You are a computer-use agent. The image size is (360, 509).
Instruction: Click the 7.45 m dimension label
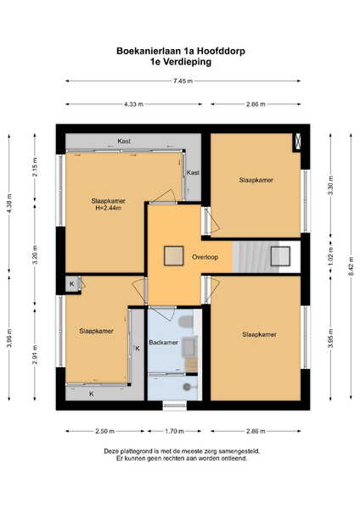[x=183, y=81]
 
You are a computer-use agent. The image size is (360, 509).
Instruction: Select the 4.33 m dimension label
[x=133, y=104]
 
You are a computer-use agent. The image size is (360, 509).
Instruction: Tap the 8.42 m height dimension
[x=351, y=266]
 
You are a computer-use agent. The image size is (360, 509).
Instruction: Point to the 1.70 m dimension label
[x=174, y=431]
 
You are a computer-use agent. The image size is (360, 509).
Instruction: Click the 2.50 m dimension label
[x=104, y=431]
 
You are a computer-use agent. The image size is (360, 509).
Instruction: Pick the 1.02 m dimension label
[x=331, y=256]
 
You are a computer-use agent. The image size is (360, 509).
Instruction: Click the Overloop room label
[x=205, y=257]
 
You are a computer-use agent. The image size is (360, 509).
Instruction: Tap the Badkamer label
[x=163, y=343]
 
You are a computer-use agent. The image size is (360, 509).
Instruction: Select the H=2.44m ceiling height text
[x=108, y=208]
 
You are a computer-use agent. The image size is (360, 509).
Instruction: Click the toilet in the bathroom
[x=186, y=322]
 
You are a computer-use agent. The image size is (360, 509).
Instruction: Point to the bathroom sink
[x=189, y=347]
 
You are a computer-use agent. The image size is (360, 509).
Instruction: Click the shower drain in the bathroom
[x=187, y=387]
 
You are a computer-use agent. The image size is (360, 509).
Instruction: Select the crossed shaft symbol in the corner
[x=297, y=143]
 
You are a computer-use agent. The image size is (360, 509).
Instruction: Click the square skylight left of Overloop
[x=174, y=256]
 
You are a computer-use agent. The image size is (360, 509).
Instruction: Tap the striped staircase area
[x=256, y=256]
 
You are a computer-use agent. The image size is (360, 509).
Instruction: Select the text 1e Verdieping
[x=181, y=62]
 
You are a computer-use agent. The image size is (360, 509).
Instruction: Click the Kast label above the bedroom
[x=124, y=141]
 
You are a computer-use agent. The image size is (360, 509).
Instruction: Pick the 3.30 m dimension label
[x=331, y=185]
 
